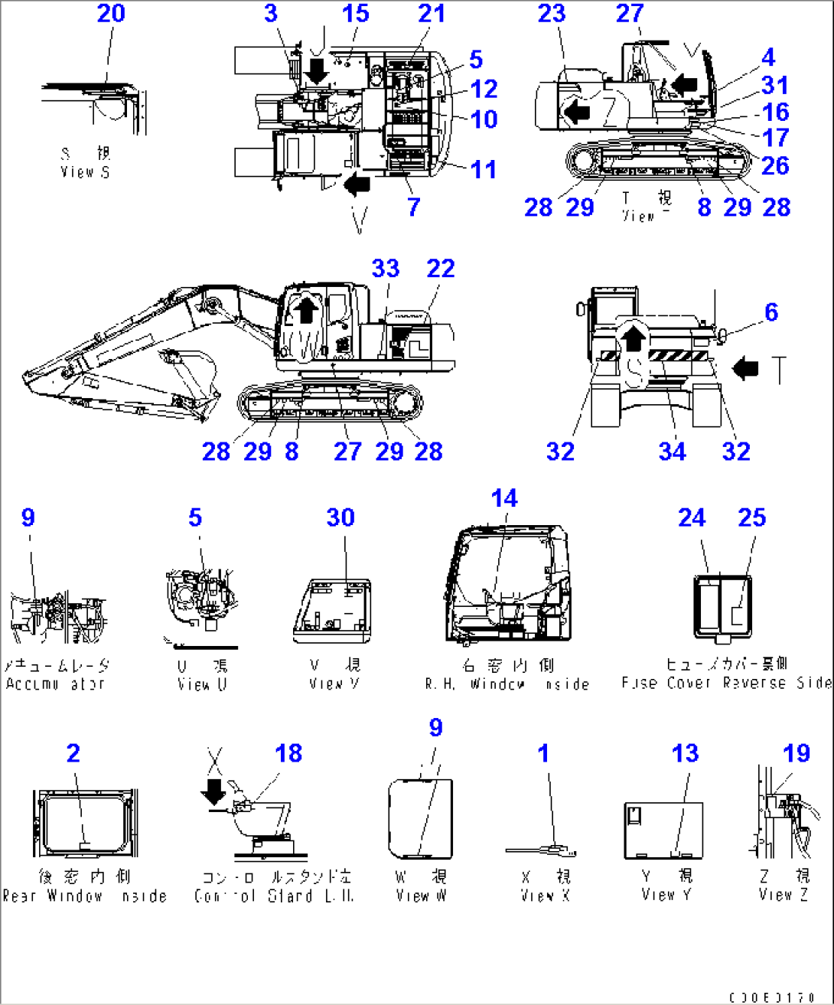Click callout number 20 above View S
(x=111, y=14)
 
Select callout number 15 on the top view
(x=355, y=14)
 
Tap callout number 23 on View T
(x=551, y=14)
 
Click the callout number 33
(x=386, y=269)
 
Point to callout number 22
(x=441, y=269)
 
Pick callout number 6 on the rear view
(x=770, y=312)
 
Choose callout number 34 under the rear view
(x=672, y=452)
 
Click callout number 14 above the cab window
(x=504, y=498)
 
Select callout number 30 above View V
(x=340, y=518)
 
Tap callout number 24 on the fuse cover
(x=691, y=518)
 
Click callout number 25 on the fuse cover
(x=751, y=518)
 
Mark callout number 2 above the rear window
(x=73, y=753)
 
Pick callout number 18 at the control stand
(x=288, y=753)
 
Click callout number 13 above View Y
(x=685, y=753)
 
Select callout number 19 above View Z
(x=796, y=753)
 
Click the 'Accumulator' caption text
(x=55, y=684)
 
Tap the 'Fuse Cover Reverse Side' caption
(x=725, y=682)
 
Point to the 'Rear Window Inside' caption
(x=84, y=896)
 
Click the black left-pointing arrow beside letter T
(x=745, y=369)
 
